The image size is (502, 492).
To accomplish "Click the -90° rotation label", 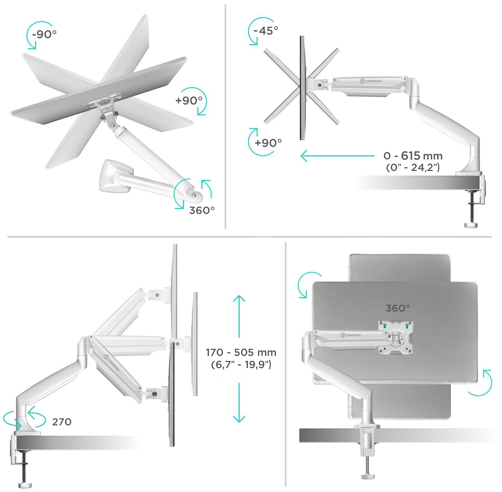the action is (44, 34).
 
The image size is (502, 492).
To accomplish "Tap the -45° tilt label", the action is (266, 31).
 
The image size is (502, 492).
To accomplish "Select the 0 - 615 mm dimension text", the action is (413, 155).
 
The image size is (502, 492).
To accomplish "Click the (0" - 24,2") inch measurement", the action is (413, 168).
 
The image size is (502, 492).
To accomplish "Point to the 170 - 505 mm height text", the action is (241, 352).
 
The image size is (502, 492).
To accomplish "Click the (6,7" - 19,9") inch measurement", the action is (241, 364).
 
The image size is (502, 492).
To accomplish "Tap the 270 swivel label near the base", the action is (62, 422).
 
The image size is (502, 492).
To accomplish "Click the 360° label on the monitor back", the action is (398, 308).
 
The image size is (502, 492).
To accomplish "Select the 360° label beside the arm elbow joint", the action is (202, 211).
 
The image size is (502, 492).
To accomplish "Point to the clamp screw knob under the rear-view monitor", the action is (368, 476).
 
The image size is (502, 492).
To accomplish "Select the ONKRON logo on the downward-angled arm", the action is (111, 363).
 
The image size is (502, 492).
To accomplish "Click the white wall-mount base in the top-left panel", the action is (114, 176).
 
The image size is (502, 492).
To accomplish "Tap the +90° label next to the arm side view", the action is (268, 143).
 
